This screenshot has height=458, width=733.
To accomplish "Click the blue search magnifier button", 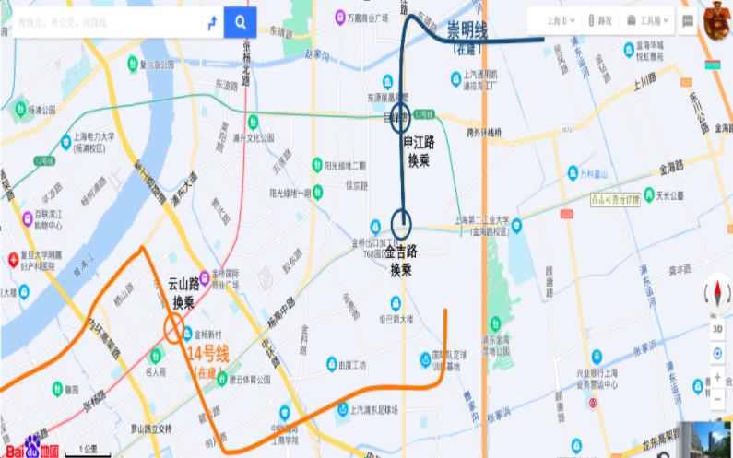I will tap(241, 22).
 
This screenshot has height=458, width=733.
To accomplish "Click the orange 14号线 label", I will tap(207, 356).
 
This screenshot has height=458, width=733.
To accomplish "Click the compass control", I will tap(717, 294).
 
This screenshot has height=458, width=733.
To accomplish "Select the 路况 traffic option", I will tap(599, 19).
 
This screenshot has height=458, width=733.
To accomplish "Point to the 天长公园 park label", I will tap(669, 195).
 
